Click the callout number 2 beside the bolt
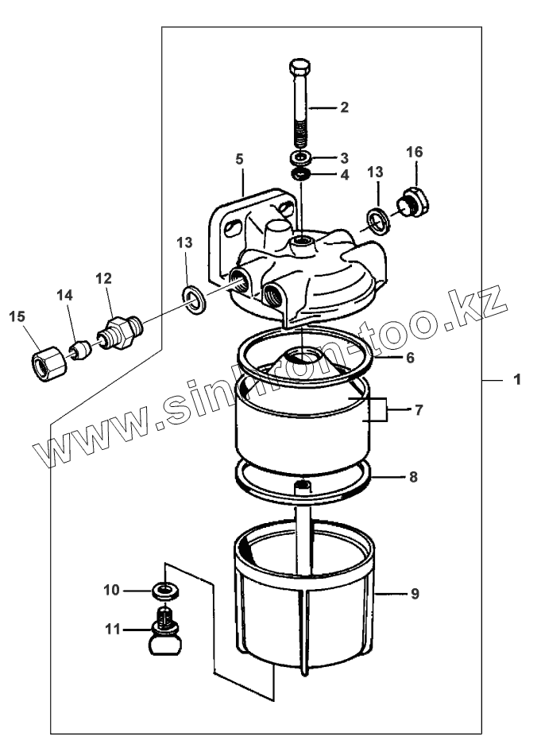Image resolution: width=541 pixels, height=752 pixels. click(344, 107)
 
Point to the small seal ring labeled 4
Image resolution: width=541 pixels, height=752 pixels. click(300, 174)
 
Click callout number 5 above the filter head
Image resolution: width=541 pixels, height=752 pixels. click(239, 159)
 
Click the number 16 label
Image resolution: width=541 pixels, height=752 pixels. click(414, 152)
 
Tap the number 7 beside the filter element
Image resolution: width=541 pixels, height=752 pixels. click(419, 409)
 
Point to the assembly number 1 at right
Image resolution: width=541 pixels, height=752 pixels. click(517, 381)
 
